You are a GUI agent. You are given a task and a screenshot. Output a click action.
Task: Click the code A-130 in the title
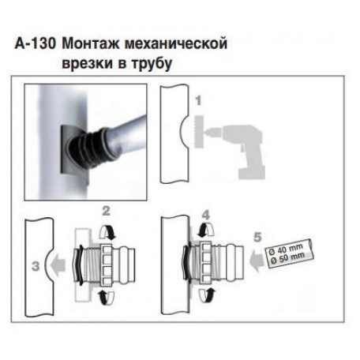click(35, 43)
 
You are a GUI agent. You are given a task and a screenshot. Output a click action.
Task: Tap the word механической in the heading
click(176, 43)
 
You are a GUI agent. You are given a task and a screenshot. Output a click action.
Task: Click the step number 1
click(198, 101)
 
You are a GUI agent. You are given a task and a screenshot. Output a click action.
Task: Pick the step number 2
click(106, 211)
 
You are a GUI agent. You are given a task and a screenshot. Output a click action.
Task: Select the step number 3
click(36, 266)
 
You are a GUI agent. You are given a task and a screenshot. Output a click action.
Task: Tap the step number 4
click(206, 215)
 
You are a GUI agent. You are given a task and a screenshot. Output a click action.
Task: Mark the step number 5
click(257, 237)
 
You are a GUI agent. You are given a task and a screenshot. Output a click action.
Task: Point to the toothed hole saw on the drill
click(197, 131)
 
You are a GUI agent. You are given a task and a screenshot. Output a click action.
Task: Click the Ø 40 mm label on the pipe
click(287, 249)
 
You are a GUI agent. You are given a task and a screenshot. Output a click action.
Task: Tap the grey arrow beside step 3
click(58, 264)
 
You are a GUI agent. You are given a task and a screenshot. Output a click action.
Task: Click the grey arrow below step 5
click(257, 260)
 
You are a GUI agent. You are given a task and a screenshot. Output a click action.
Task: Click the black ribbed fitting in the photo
click(87, 148)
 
